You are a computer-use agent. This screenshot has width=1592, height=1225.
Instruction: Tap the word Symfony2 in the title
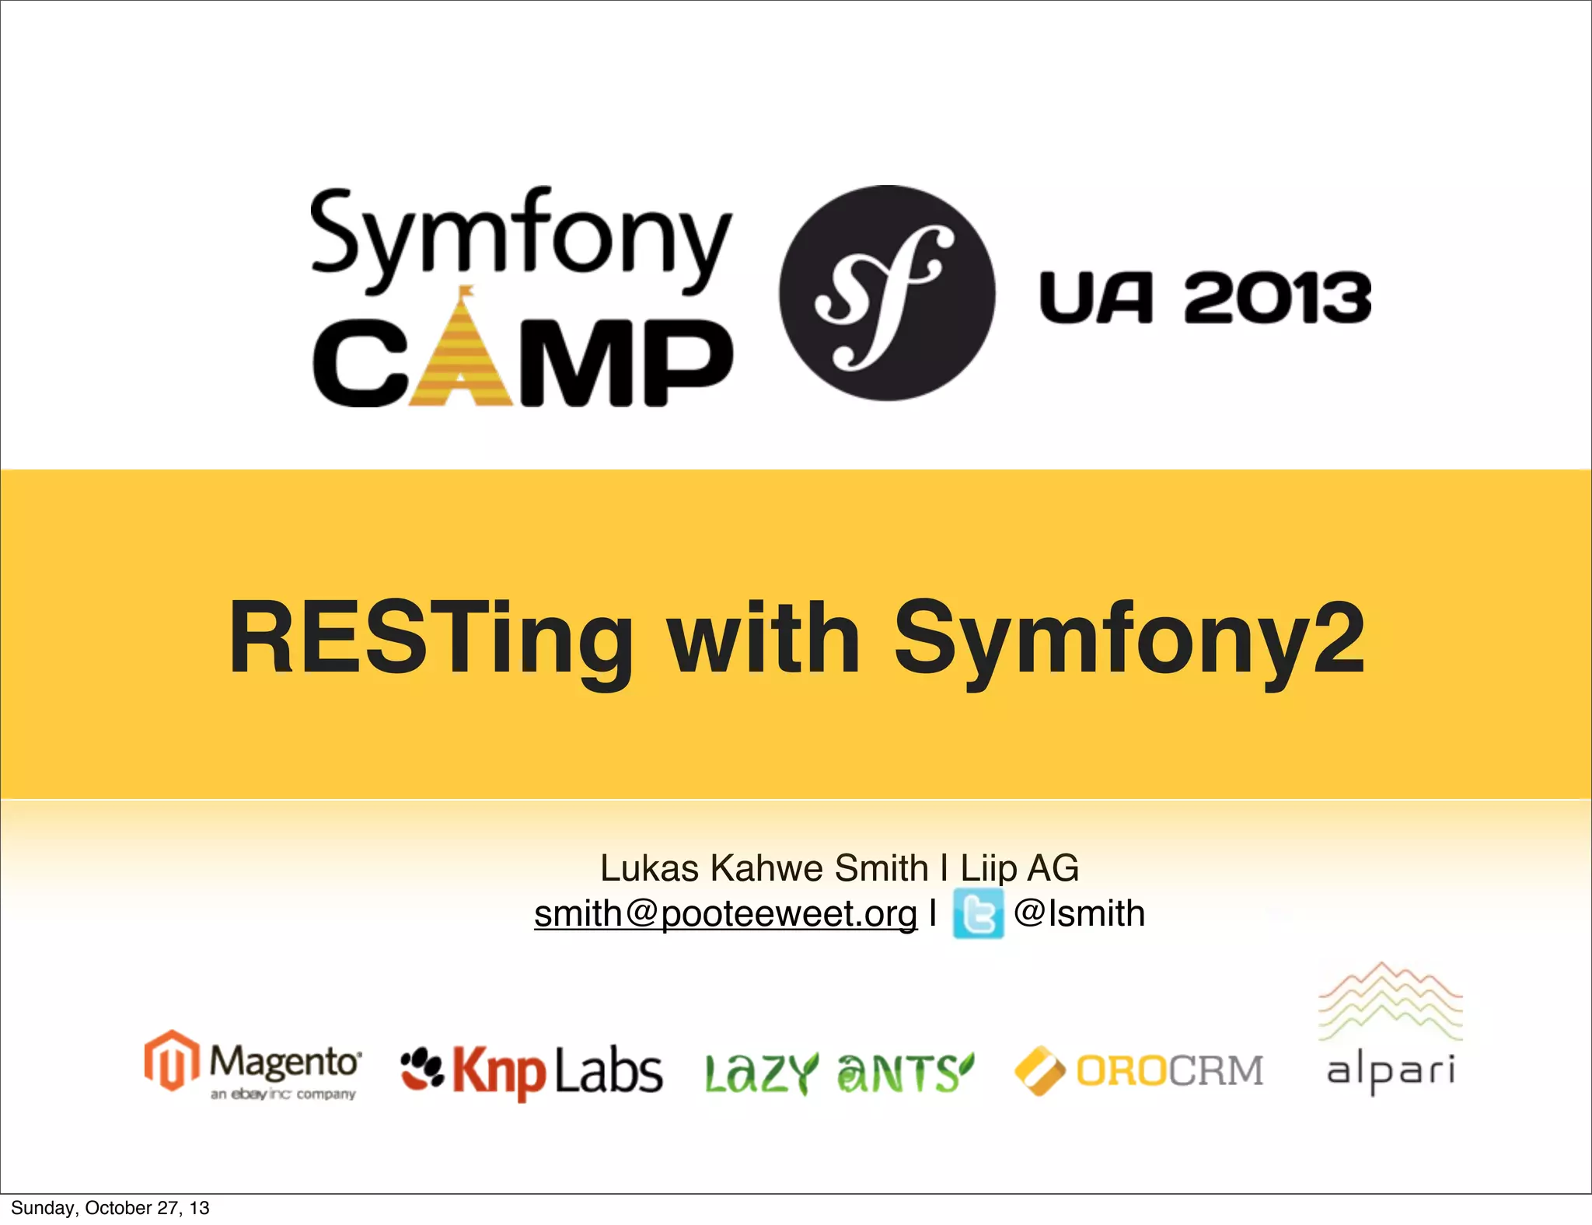1129,639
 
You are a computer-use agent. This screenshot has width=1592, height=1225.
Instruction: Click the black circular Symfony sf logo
887,293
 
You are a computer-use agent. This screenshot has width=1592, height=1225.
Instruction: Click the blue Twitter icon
978,915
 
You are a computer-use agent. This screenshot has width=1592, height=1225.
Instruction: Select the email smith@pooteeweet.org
725,914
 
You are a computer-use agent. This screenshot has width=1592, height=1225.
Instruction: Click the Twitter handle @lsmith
1079,914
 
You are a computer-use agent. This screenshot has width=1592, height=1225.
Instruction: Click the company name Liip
988,868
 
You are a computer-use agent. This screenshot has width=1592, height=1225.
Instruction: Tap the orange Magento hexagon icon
171,1060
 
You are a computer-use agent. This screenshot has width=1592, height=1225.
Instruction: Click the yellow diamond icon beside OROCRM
1040,1071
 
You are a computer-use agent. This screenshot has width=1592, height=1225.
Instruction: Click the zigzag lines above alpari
1391,1001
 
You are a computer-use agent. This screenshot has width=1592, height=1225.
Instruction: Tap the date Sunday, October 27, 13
110,1208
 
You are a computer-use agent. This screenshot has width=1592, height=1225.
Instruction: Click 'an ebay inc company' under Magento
283,1094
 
